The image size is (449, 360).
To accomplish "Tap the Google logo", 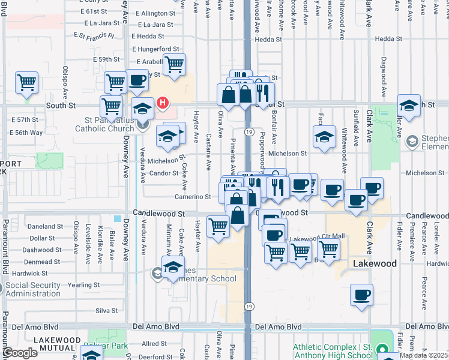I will pos(20,353).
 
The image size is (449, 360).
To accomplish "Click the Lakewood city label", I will pos(375,263).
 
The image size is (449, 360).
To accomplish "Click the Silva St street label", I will pos(106,310).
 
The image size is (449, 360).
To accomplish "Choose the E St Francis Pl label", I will pos(95,37).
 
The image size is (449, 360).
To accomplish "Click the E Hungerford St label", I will pos(155,49).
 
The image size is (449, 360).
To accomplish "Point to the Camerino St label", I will pos(193,196).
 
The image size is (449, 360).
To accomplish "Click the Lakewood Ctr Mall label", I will pos(318,238).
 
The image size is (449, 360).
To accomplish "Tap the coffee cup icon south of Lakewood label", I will pos(362,295).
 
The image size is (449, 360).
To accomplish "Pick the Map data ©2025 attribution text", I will pos(424,355).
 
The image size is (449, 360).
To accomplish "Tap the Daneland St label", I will pos(46,227).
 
